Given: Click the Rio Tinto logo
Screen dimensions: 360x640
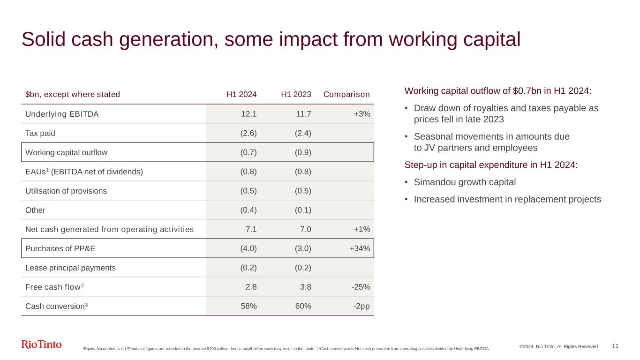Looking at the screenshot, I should pyautogui.click(x=42, y=345).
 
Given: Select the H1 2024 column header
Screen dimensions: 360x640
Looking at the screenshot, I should pyautogui.click(x=241, y=94).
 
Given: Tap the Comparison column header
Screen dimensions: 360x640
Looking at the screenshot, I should pyautogui.click(x=346, y=94).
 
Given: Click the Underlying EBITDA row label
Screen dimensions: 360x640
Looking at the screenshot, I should pyautogui.click(x=61, y=114).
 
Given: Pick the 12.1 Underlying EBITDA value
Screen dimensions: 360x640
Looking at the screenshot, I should pyautogui.click(x=248, y=114).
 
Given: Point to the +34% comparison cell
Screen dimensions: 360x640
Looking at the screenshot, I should pyautogui.click(x=360, y=248).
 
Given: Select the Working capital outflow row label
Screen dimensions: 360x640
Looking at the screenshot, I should pyautogui.click(x=66, y=152).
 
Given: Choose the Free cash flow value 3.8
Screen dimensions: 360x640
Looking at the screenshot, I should pyautogui.click(x=305, y=287).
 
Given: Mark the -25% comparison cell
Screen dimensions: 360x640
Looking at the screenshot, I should pyautogui.click(x=361, y=287).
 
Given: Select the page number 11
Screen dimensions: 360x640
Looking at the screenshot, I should pyautogui.click(x=615, y=346).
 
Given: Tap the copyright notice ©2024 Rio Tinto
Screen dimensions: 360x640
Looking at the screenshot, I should pyautogui.click(x=558, y=346).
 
